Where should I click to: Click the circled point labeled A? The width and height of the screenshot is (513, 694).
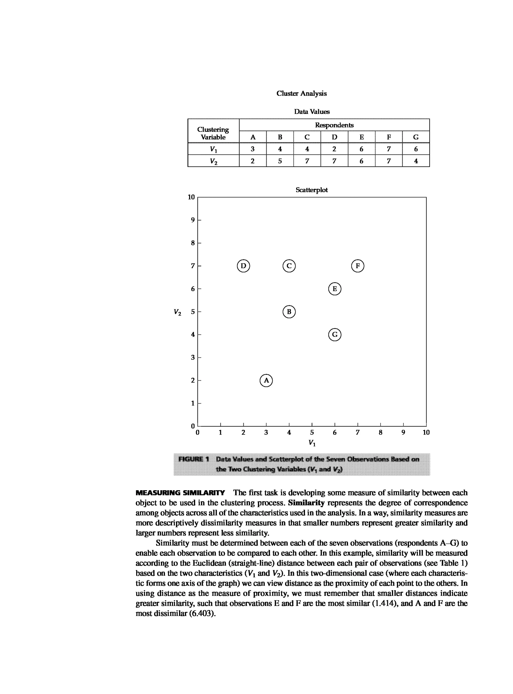tap(266, 380)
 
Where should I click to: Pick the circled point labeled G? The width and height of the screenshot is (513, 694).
tap(334, 335)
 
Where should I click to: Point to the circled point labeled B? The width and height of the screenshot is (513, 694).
tap(289, 312)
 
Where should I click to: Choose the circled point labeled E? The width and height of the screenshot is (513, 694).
tap(334, 289)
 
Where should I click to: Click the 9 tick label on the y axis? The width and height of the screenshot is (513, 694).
tap(193, 220)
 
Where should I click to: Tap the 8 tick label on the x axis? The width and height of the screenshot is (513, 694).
tap(380, 432)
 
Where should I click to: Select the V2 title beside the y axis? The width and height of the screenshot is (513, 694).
tap(177, 312)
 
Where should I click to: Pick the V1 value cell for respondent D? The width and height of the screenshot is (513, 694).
tap(334, 149)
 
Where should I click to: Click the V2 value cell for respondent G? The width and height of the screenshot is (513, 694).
tap(416, 161)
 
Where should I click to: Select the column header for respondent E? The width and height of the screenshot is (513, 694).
tap(361, 137)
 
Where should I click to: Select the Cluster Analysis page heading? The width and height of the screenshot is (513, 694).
tap(301, 93)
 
